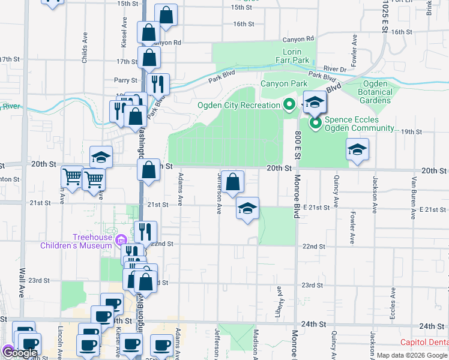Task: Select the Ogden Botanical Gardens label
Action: coord(375,92)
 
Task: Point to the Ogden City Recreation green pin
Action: coord(289,106)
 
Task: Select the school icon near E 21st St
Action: coord(247,208)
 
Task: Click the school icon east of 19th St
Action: coord(357,149)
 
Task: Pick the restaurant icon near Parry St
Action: coord(158,84)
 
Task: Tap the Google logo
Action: coord(22,353)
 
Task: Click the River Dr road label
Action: coord(334,69)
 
